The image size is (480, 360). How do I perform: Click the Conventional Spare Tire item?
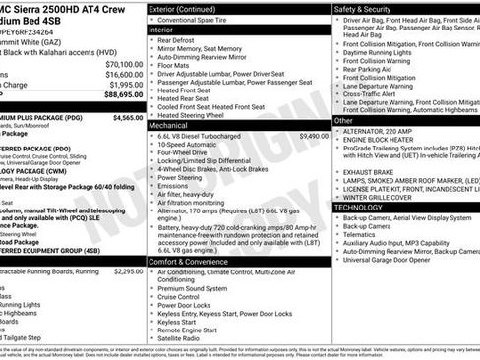click(x=202, y=20)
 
